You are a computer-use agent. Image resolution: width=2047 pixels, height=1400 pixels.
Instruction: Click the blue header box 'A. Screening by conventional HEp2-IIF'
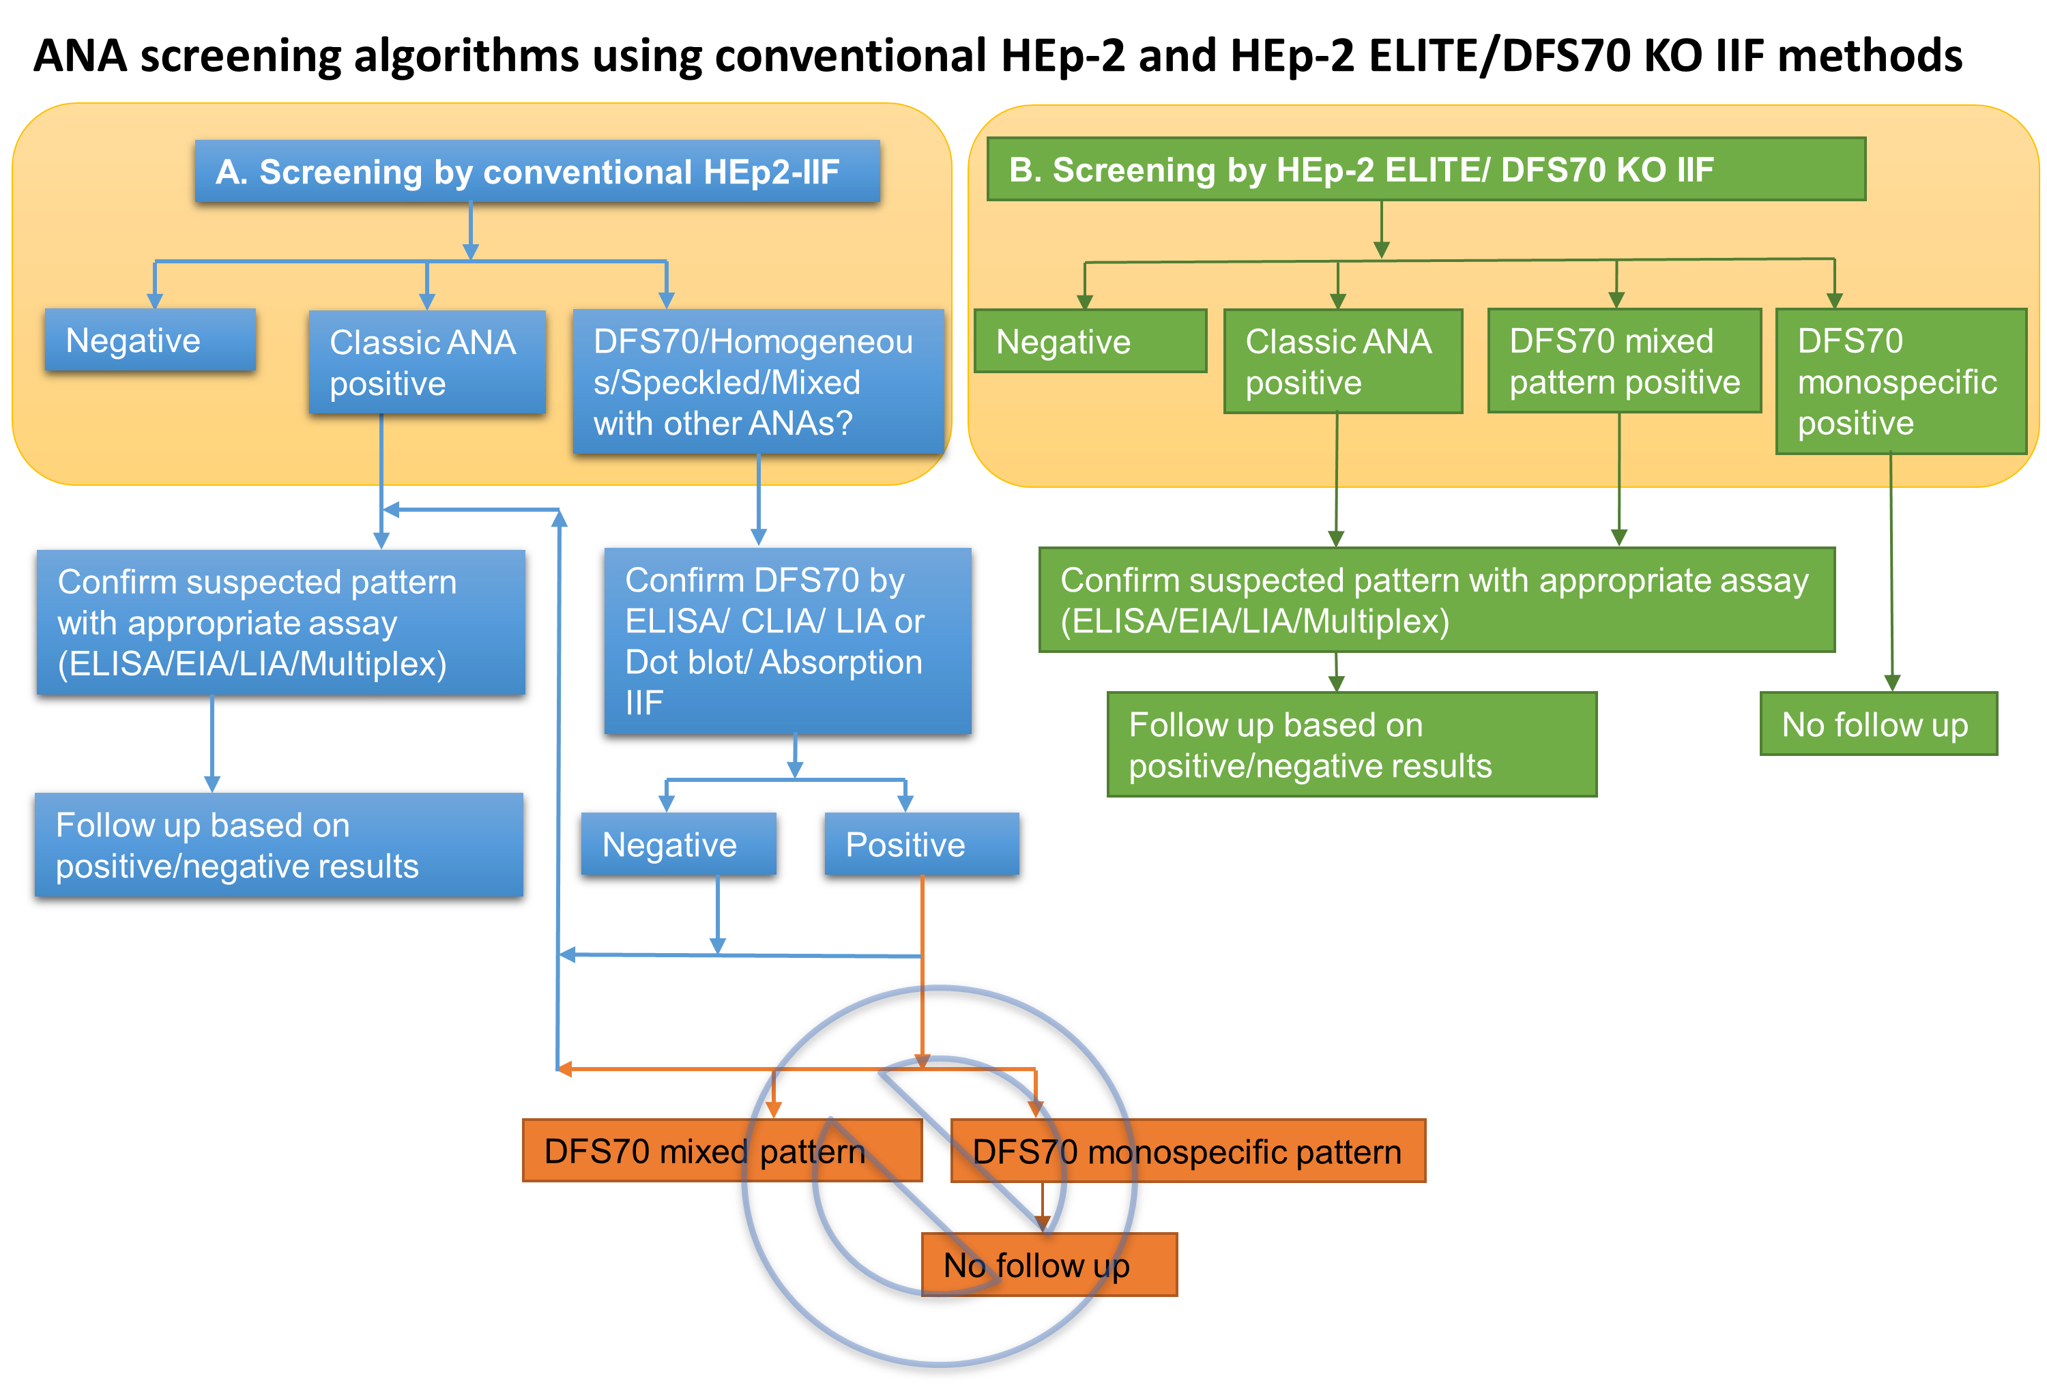click(537, 171)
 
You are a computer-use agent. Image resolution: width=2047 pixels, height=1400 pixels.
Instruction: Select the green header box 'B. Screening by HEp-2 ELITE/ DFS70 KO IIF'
click(1426, 169)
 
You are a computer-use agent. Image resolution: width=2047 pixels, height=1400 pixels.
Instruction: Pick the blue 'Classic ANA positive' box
click(427, 362)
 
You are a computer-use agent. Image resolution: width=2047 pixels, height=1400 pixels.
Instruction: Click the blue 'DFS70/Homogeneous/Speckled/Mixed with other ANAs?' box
click(758, 381)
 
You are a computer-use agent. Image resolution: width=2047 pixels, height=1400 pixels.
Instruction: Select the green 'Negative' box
click(1090, 340)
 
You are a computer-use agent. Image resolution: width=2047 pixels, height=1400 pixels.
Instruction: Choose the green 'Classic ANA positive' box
click(1344, 361)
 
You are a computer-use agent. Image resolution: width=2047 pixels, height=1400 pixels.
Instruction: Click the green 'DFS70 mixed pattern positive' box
click(1624, 360)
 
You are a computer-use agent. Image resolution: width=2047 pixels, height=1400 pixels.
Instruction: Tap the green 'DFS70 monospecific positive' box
click(1902, 381)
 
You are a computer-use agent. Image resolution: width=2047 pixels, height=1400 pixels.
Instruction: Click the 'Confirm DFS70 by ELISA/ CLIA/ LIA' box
click(787, 641)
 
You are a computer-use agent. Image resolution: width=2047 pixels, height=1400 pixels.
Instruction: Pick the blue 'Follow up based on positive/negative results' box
click(279, 845)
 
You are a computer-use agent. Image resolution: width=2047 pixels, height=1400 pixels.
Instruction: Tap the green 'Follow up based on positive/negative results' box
click(1352, 744)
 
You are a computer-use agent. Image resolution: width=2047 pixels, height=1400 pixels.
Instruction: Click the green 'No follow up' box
click(1878, 724)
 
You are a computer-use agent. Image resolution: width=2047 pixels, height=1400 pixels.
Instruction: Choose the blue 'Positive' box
click(921, 843)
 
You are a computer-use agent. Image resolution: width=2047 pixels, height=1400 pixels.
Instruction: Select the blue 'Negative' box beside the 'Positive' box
click(678, 843)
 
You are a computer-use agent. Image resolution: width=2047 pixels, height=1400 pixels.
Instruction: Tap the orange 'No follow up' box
click(1049, 1264)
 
